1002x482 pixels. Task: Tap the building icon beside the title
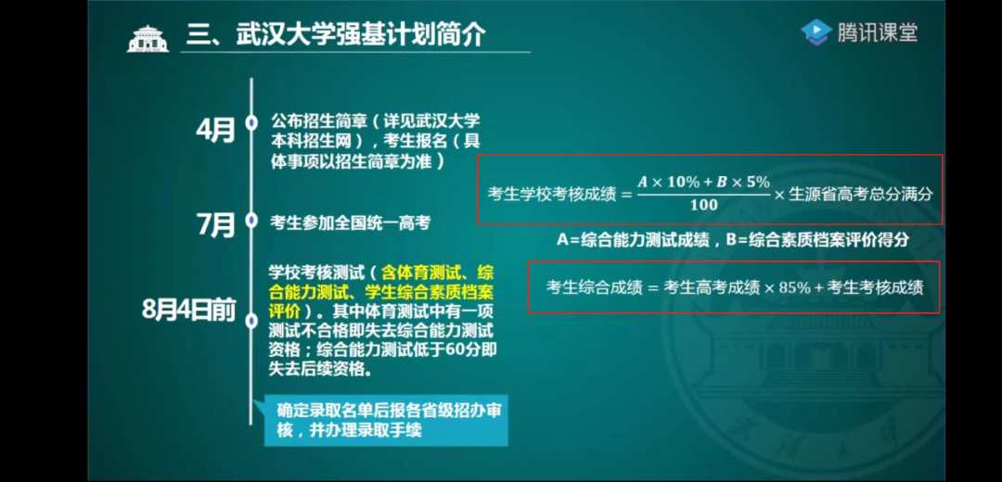pos(148,38)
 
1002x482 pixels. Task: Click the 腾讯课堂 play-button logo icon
pos(816,32)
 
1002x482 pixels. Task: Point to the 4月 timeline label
pos(215,131)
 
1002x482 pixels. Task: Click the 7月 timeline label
pos(215,223)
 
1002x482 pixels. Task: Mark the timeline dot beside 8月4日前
pos(251,320)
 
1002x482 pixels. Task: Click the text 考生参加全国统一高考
pos(351,222)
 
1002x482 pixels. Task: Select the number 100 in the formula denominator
pos(703,204)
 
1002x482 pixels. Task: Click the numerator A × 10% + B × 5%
pos(703,182)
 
